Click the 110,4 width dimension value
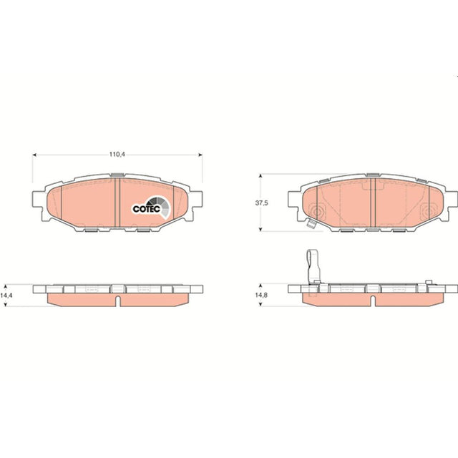click(x=117, y=155)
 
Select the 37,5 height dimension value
click(x=261, y=203)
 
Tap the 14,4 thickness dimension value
click(x=6, y=296)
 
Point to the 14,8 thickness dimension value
click(x=261, y=295)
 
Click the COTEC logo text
click(x=146, y=209)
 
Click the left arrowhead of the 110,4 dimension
click(x=34, y=155)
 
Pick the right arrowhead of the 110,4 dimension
click(x=200, y=155)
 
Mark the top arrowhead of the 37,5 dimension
click(x=260, y=176)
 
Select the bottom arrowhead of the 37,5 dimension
click(x=260, y=229)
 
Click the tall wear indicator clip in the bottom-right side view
click(x=313, y=266)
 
